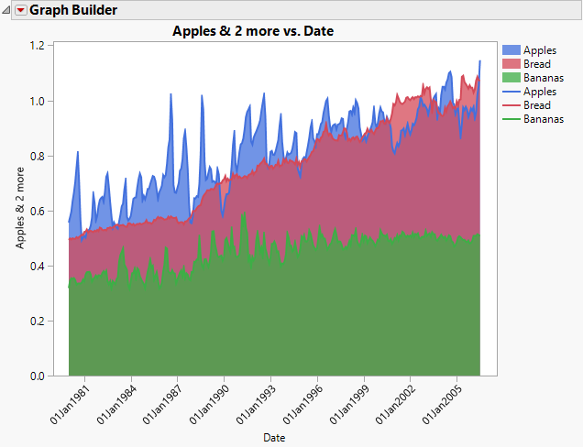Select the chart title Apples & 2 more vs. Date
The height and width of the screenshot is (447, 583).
coord(253,31)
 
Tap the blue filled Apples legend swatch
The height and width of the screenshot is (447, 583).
coord(511,50)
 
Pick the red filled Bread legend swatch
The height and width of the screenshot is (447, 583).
coord(511,64)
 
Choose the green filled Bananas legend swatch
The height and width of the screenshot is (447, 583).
coord(511,78)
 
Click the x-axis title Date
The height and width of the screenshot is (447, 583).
coord(273,438)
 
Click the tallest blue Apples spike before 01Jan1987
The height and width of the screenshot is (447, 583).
coord(170,95)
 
